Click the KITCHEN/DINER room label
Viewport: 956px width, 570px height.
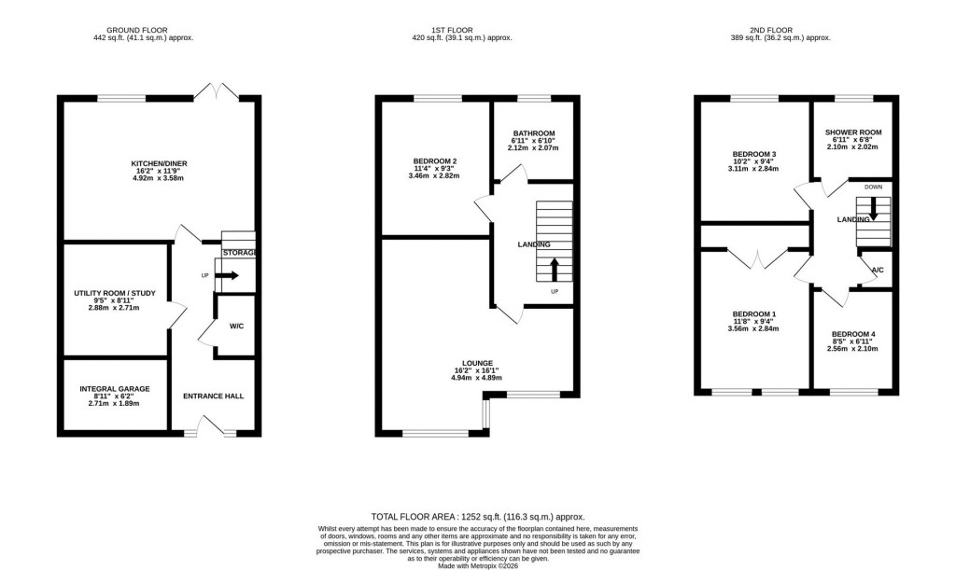(x=159, y=163)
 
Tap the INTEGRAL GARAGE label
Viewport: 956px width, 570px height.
(x=114, y=389)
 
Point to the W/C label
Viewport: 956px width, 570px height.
(x=236, y=326)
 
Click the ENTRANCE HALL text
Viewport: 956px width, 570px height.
(x=214, y=396)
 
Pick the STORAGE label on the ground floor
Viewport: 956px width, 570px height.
(x=240, y=253)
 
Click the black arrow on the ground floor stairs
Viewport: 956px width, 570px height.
(x=228, y=275)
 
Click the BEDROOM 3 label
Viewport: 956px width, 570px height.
(x=754, y=154)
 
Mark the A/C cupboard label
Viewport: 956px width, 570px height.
(x=877, y=271)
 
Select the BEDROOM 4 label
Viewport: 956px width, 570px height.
(x=853, y=334)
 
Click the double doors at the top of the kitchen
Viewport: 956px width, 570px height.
(x=216, y=91)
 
